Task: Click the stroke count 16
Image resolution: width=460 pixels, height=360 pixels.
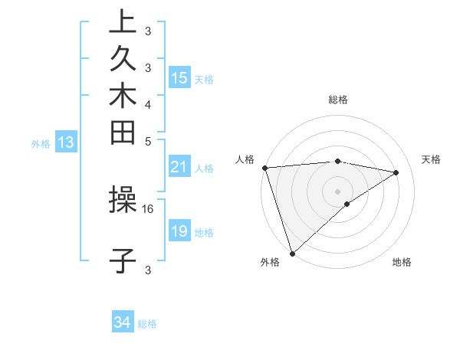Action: (148, 208)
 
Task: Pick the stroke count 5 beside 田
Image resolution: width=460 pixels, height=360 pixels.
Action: (147, 142)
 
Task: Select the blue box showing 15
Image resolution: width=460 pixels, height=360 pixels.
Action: (179, 78)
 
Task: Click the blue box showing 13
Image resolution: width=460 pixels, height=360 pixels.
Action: (66, 142)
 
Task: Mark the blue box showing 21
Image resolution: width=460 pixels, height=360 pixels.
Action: (179, 168)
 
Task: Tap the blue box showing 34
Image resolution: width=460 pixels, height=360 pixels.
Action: (122, 323)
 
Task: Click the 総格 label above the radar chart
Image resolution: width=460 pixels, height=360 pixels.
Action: (337, 100)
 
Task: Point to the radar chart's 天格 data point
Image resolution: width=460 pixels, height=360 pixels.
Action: (396, 172)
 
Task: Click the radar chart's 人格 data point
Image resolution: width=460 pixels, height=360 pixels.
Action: (264, 168)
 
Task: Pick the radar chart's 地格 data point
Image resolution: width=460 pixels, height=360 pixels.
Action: (347, 204)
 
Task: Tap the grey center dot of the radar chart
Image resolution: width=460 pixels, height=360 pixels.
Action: (337, 191)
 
